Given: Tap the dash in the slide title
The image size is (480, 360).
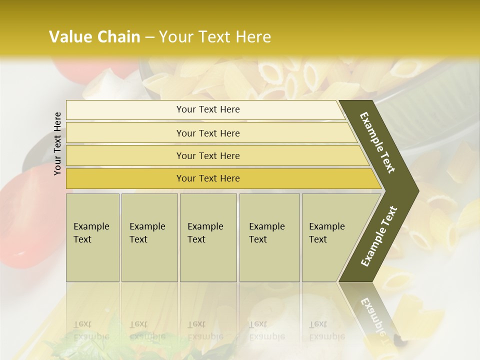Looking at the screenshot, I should tap(150, 37).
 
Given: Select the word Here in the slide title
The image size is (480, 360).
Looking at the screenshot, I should tap(252, 37).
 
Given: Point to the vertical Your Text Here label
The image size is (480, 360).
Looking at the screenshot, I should tap(57, 143).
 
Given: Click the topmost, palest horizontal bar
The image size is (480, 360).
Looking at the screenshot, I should tap(207, 109).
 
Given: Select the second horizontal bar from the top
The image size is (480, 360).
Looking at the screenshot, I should tap(207, 133).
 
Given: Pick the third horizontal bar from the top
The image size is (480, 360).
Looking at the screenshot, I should tap(207, 156).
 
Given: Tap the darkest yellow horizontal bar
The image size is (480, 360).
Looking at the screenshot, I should tap(207, 178).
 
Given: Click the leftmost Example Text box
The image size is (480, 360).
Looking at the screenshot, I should tap(92, 237).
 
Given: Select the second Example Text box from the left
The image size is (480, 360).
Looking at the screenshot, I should tap(149, 237).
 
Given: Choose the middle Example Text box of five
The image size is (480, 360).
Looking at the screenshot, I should tap(208, 237).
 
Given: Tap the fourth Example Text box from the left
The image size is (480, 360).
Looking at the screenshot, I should tap(269, 237).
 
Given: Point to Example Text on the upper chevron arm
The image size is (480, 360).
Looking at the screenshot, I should tap(378, 142).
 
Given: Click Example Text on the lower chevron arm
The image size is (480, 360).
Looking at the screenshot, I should tap(379, 236).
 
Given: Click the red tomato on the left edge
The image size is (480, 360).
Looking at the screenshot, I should tap(22, 220).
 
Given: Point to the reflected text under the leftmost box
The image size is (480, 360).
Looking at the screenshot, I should tap(91, 330).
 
